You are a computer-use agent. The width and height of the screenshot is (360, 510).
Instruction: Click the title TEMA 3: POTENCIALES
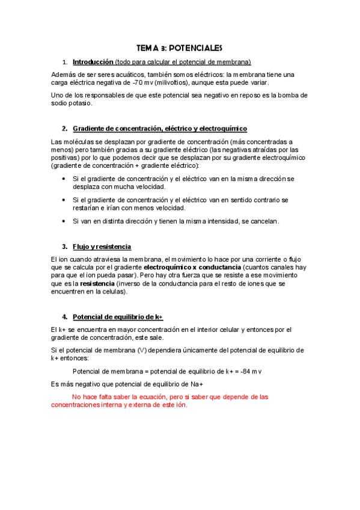tap(180, 48)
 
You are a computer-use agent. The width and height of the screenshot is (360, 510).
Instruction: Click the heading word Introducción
tap(93, 62)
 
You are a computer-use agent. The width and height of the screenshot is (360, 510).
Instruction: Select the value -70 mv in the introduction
tap(143, 82)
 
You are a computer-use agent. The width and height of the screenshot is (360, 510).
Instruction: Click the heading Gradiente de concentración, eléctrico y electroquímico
tap(159, 129)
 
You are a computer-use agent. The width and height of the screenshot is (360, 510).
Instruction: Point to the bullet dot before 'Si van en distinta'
tap(64, 221)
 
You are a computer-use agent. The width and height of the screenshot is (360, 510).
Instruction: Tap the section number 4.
tap(64, 317)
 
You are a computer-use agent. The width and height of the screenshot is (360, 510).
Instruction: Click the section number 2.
tap(64, 129)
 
